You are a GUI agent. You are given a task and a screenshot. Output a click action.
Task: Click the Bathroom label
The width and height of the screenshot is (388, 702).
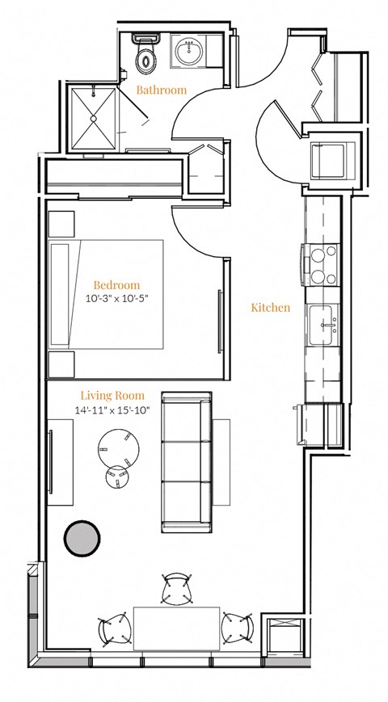(161, 90)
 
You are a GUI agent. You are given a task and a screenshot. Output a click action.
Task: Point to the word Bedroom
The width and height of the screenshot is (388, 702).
(116, 285)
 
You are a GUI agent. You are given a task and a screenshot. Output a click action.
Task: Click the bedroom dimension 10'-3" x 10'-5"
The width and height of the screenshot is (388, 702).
(116, 299)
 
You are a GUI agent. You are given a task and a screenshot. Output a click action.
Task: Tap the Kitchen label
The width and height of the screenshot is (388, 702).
(270, 308)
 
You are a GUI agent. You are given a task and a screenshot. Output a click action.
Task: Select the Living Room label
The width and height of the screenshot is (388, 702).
(112, 396)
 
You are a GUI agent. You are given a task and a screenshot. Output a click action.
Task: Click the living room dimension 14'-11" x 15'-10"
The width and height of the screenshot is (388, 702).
(112, 410)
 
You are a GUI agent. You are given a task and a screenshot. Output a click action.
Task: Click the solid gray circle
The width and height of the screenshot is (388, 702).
(83, 538)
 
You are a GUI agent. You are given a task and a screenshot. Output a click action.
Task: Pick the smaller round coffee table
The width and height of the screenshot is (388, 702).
(117, 478)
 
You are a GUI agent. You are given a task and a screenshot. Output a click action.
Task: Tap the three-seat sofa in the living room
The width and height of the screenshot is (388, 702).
(187, 463)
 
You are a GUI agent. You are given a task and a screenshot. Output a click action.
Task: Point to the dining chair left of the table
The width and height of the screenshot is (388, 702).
(114, 628)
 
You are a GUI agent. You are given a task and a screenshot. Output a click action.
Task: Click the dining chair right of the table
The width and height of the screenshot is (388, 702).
(238, 628)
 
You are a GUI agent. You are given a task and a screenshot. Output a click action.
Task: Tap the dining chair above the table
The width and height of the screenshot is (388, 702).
(176, 590)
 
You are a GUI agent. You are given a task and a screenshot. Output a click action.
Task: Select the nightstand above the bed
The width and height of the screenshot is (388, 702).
(61, 225)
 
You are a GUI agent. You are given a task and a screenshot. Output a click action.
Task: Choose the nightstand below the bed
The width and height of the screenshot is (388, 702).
(61, 364)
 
